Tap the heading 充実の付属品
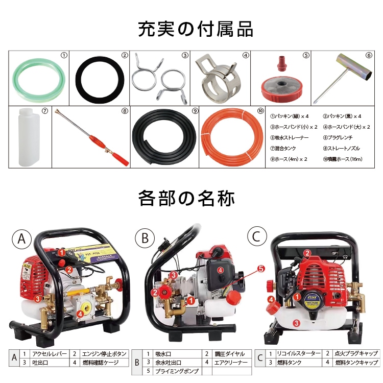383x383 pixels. coord(195,29)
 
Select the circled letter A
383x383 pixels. coord(21,237)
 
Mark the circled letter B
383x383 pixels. coord(143,237)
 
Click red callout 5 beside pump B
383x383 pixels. coord(260,268)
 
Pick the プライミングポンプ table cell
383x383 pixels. coord(173,371)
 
